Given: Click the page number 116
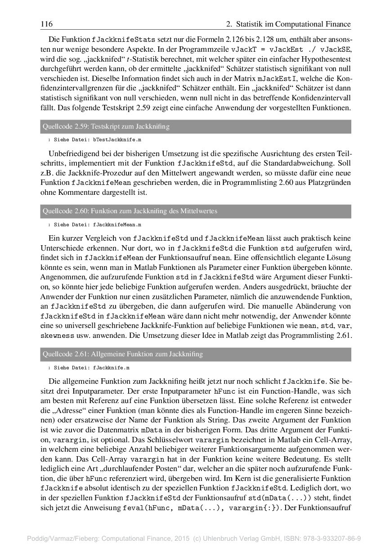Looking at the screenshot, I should click(46, 24).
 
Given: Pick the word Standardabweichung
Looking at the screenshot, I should click(313, 163).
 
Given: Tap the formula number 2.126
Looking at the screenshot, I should click(264, 39).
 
